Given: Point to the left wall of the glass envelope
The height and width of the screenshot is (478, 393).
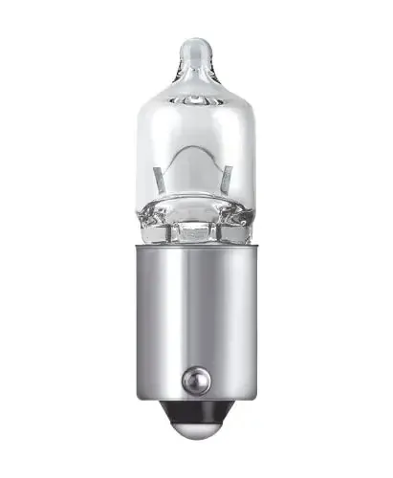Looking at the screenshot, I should (x=142, y=163).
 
